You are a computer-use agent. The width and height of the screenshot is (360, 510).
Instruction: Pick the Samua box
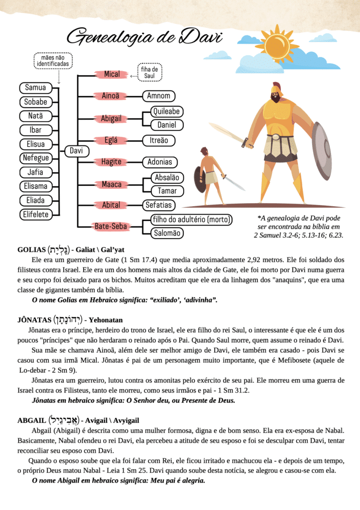tap(35, 88)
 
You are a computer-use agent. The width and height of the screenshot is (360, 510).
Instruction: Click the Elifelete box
tap(35, 215)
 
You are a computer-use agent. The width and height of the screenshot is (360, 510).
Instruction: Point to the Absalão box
tap(167, 178)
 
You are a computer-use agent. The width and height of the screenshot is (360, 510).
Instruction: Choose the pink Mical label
tap(112, 75)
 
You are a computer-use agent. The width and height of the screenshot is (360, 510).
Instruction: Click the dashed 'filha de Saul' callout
tap(149, 72)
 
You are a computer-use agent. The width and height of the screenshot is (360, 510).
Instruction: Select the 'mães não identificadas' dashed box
tap(54, 61)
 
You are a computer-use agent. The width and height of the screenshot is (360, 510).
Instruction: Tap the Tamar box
tap(167, 191)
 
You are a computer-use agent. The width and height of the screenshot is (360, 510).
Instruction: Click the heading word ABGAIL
tap(31, 420)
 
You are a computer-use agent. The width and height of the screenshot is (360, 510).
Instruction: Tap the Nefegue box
tap(35, 158)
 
